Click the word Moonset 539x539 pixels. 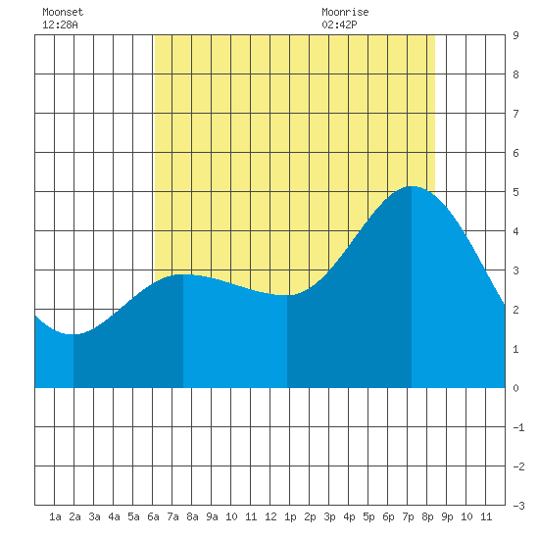tap(63, 12)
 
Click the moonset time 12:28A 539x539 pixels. tap(60, 24)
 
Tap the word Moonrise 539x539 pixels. tap(345, 12)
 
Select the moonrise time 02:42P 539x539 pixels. tap(340, 24)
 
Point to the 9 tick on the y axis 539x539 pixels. tap(515, 35)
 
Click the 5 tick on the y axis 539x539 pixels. tap(515, 192)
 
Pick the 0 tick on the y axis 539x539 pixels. tap(515, 388)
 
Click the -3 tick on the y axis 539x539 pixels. tap(518, 506)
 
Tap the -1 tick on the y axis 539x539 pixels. tap(518, 427)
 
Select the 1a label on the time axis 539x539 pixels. tap(55, 516)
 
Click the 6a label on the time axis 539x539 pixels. tap(153, 516)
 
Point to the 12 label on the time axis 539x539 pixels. tap(270, 516)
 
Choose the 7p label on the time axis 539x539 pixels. tap(408, 516)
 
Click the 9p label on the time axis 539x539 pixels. tap(447, 516)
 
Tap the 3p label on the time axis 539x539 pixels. tap(329, 516)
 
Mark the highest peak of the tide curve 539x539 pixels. tap(412, 186)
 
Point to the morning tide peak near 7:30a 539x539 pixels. tap(183, 274)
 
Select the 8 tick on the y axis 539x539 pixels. tap(515, 74)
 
